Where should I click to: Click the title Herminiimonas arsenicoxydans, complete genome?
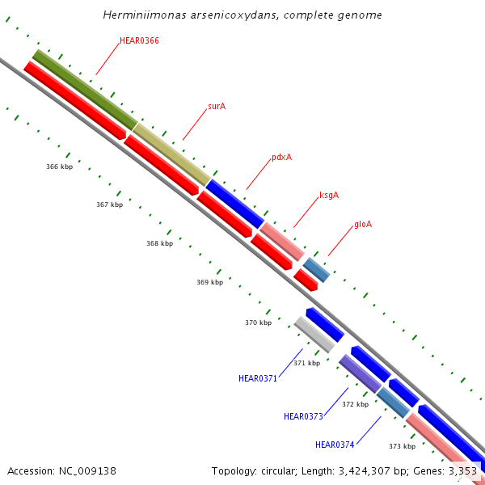[242, 15]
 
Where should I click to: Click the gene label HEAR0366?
[139, 40]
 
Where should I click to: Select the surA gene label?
[217, 106]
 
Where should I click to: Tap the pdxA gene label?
[281, 157]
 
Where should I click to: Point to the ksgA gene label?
[329, 195]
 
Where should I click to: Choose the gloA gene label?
[363, 224]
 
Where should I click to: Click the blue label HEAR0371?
[258, 378]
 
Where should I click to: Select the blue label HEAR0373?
[303, 416]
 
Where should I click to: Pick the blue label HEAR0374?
[335, 445]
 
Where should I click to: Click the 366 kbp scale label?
[59, 167]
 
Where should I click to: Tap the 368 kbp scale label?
[159, 243]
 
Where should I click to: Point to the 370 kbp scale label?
[258, 323]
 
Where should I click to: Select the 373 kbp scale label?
[402, 446]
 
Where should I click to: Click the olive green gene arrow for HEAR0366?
[85, 89]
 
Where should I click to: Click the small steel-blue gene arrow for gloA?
[316, 269]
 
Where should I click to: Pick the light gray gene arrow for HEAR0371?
[314, 334]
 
